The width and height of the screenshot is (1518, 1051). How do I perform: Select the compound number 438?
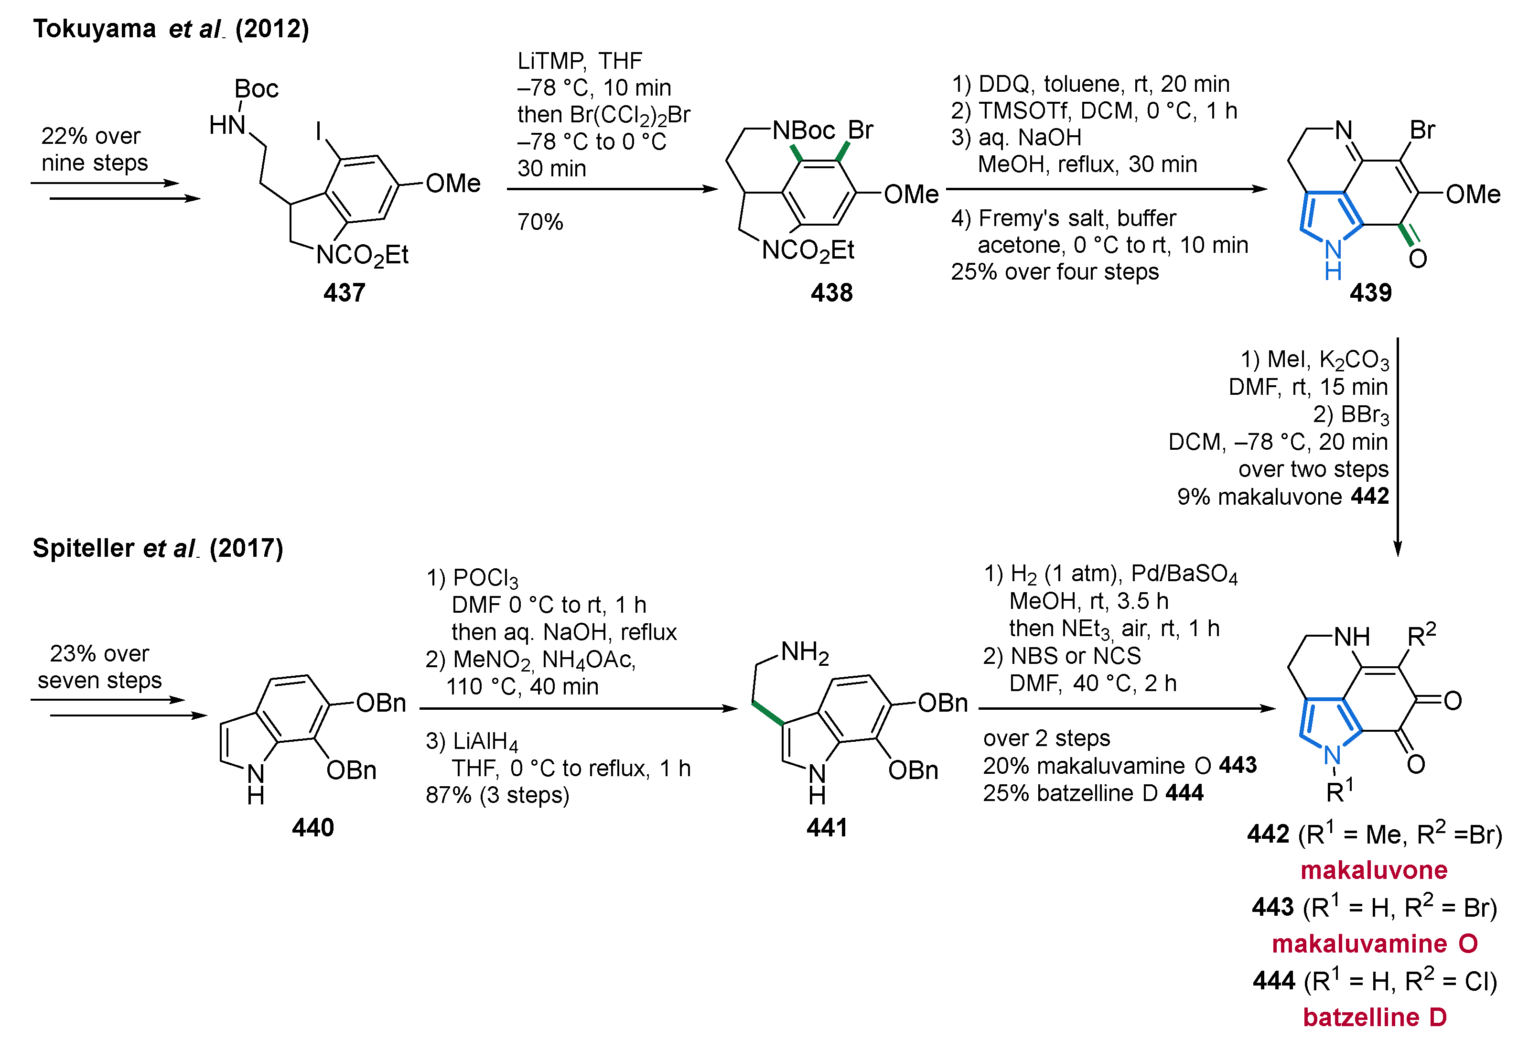[831, 293]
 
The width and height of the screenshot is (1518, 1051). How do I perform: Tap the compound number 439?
[1370, 293]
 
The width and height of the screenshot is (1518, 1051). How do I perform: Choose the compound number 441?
[827, 827]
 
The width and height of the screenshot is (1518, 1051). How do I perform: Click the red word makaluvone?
[1374, 870]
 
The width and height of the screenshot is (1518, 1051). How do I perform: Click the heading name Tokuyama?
[94, 29]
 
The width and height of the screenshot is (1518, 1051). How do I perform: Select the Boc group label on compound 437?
[256, 89]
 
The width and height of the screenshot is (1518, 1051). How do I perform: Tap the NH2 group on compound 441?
[805, 652]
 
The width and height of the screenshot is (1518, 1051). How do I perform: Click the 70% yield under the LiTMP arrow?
[540, 222]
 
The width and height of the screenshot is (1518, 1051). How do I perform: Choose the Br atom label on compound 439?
[1422, 130]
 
